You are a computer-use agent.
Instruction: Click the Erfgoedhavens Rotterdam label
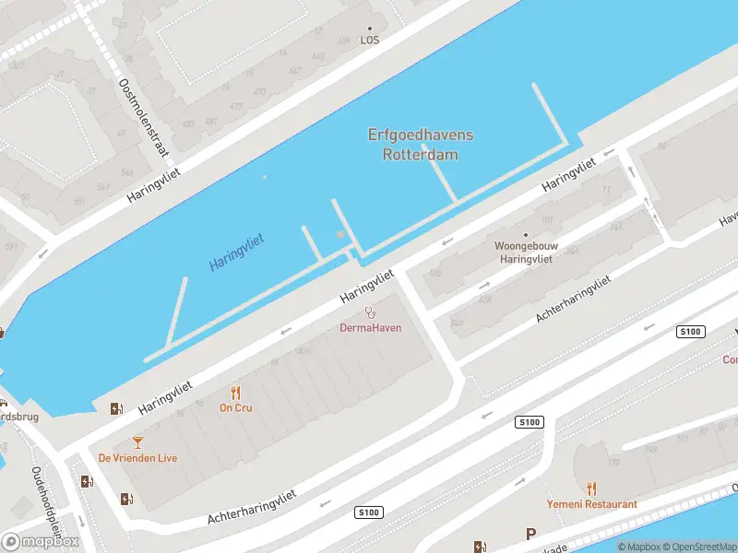click(x=420, y=146)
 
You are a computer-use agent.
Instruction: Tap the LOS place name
click(x=370, y=41)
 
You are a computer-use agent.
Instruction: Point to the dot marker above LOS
click(x=370, y=29)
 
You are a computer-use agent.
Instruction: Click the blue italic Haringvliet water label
click(x=236, y=252)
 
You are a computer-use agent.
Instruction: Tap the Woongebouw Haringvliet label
click(x=525, y=253)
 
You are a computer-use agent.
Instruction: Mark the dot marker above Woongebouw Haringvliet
click(x=526, y=235)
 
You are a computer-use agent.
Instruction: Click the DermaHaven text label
click(x=371, y=327)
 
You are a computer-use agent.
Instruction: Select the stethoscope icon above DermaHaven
click(x=371, y=312)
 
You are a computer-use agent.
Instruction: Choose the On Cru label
click(x=235, y=407)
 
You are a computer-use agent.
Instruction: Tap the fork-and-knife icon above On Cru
click(x=235, y=393)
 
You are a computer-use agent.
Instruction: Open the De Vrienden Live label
click(x=137, y=458)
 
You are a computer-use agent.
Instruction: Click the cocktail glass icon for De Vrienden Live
click(x=138, y=442)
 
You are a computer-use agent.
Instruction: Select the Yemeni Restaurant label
click(x=591, y=504)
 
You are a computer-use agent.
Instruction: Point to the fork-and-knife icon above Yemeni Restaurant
click(x=591, y=488)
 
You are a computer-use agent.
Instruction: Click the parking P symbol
click(x=530, y=534)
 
